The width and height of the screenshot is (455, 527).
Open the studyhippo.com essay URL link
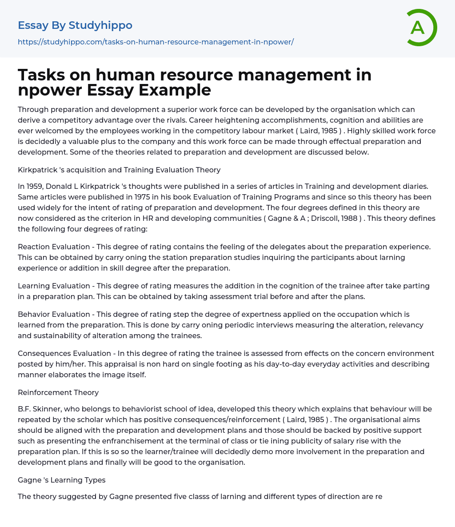(156, 42)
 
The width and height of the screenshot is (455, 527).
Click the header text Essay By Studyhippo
(75, 25)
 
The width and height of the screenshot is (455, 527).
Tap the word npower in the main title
(50, 90)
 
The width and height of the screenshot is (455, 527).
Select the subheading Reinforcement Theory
(58, 392)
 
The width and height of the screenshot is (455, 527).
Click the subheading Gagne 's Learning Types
(61, 480)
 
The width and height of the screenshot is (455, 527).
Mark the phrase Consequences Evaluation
(64, 353)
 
